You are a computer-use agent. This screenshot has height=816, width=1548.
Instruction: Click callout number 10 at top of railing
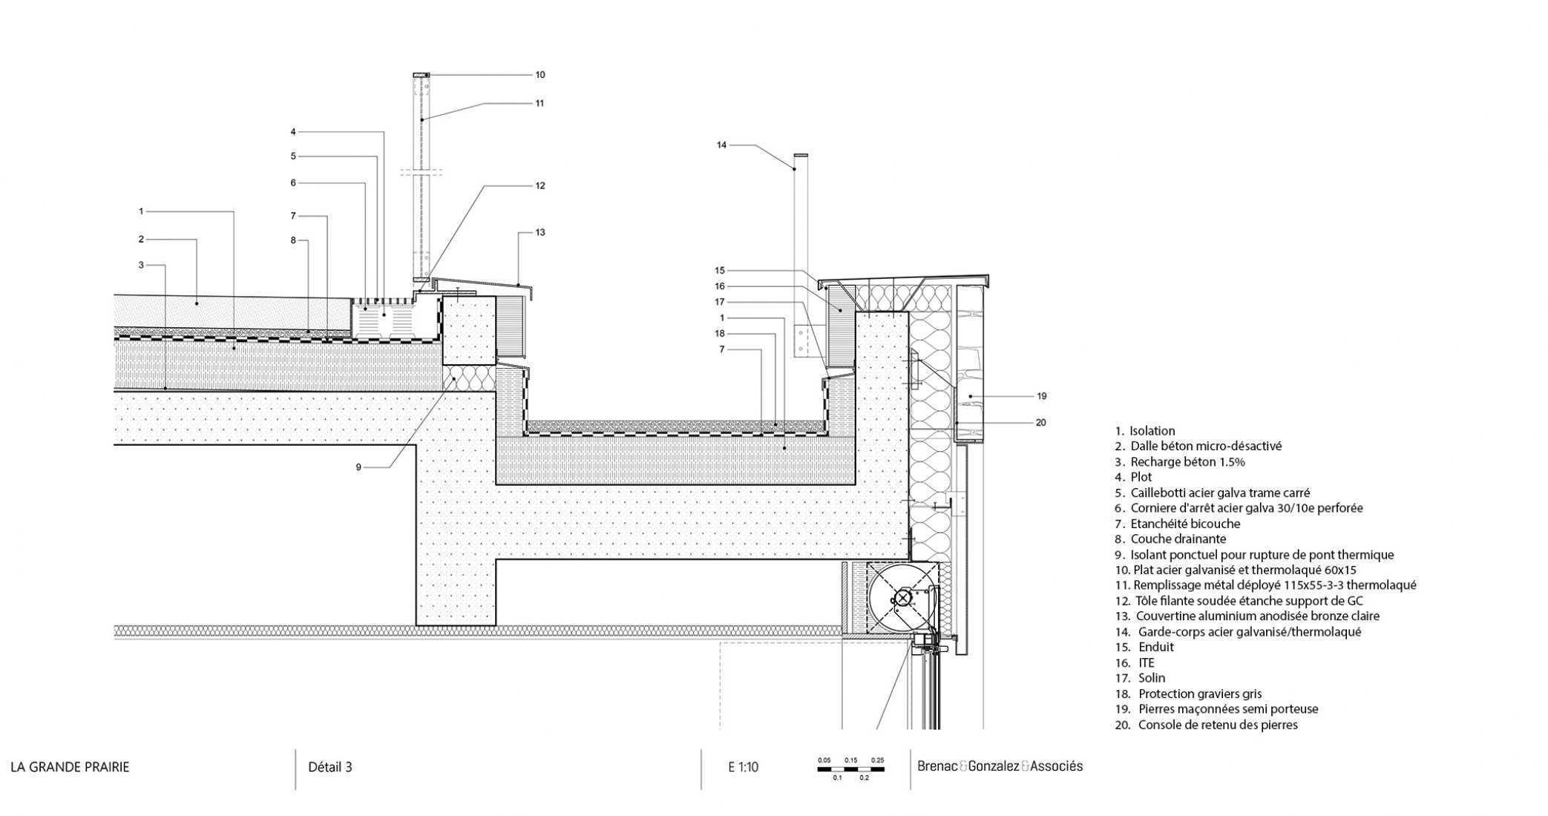click(540, 75)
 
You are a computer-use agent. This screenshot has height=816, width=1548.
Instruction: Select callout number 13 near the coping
click(540, 233)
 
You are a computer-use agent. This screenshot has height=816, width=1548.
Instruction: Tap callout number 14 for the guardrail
click(721, 145)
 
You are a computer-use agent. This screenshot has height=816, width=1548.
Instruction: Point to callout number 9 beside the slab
click(358, 467)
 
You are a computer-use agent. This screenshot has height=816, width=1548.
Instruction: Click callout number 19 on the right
click(1041, 396)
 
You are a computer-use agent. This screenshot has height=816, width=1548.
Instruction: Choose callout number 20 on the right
click(1040, 423)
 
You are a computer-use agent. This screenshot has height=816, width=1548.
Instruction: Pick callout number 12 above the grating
click(540, 185)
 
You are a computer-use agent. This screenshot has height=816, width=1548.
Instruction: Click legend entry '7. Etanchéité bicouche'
click(1177, 524)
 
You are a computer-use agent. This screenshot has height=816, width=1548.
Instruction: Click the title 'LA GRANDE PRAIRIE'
click(70, 767)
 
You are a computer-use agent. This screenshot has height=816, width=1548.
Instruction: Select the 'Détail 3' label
click(330, 767)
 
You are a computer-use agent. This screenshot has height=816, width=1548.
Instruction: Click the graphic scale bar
click(851, 769)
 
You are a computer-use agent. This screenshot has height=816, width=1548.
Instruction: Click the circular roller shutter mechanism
click(903, 598)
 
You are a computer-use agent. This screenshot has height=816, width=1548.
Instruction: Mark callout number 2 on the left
click(140, 240)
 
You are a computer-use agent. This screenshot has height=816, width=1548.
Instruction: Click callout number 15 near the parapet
click(720, 271)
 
